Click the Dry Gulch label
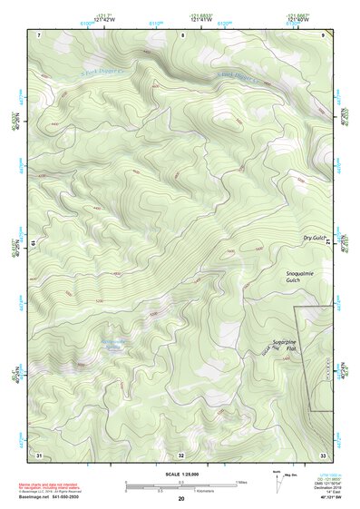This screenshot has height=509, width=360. click(x=314, y=238)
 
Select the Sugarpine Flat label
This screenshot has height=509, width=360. click(x=286, y=346)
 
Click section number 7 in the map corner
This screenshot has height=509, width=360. click(x=39, y=34)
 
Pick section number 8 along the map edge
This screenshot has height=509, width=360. click(x=182, y=34)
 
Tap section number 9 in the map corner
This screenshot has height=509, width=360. click(x=323, y=34)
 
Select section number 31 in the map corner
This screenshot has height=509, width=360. click(x=39, y=454)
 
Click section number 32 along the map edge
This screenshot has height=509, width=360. click(x=181, y=454)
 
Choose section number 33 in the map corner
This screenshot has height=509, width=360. click(x=322, y=454)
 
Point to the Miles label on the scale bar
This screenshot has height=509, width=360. click(x=240, y=481)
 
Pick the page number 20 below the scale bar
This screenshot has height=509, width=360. click(x=180, y=500)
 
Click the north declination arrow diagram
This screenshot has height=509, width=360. click(x=278, y=479)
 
